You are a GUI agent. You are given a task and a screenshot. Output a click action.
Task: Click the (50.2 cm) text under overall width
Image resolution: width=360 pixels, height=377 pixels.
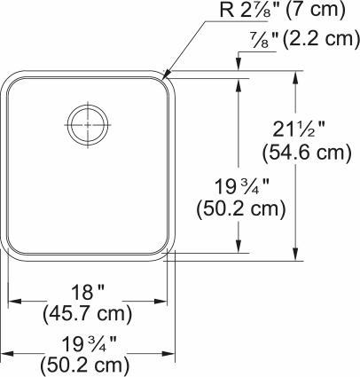click(x=86, y=365)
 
